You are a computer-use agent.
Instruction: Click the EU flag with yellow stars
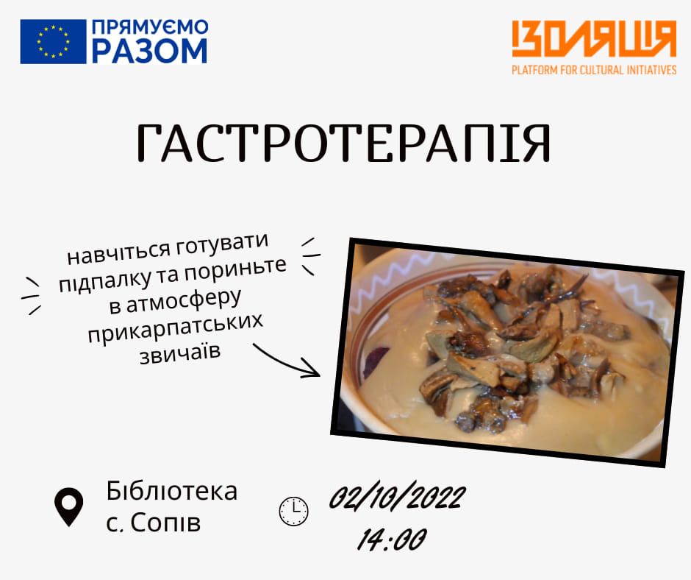click(x=53, y=41)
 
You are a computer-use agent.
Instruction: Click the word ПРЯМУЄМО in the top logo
click(x=149, y=28)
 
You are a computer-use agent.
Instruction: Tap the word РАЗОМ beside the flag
click(x=149, y=52)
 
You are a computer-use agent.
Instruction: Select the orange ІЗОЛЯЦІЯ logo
click(x=593, y=40)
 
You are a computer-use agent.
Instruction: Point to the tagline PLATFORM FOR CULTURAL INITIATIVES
click(x=594, y=71)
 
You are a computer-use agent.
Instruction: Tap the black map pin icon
click(x=69, y=506)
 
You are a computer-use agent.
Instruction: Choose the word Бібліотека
click(x=172, y=490)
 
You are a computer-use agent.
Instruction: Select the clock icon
click(x=294, y=511)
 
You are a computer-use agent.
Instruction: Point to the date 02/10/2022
click(x=396, y=498)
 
